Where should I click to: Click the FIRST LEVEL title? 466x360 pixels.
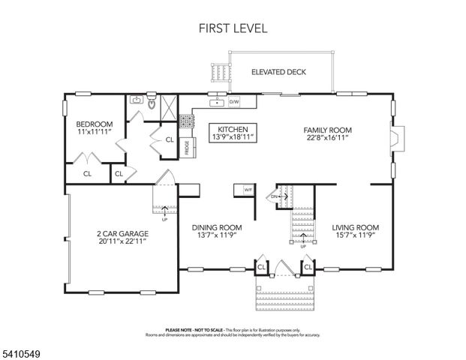pyautogui.click(x=233, y=28)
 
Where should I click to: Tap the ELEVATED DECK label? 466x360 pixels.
pyautogui.click(x=279, y=73)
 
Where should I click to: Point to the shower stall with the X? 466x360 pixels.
pyautogui.click(x=169, y=103)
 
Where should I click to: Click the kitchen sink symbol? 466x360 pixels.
pyautogui.click(x=217, y=101)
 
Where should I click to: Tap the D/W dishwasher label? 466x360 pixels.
pyautogui.click(x=234, y=101)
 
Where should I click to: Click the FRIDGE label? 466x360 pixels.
pyautogui.click(x=186, y=148)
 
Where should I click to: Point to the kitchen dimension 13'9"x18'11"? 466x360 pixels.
pyautogui.click(x=233, y=137)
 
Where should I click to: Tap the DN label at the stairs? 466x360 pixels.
pyautogui.click(x=275, y=198)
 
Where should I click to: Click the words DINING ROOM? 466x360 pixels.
pyautogui.click(x=217, y=228)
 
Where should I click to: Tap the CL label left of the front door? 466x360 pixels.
pyautogui.click(x=262, y=266)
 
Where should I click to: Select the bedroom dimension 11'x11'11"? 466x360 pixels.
pyautogui.click(x=94, y=132)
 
